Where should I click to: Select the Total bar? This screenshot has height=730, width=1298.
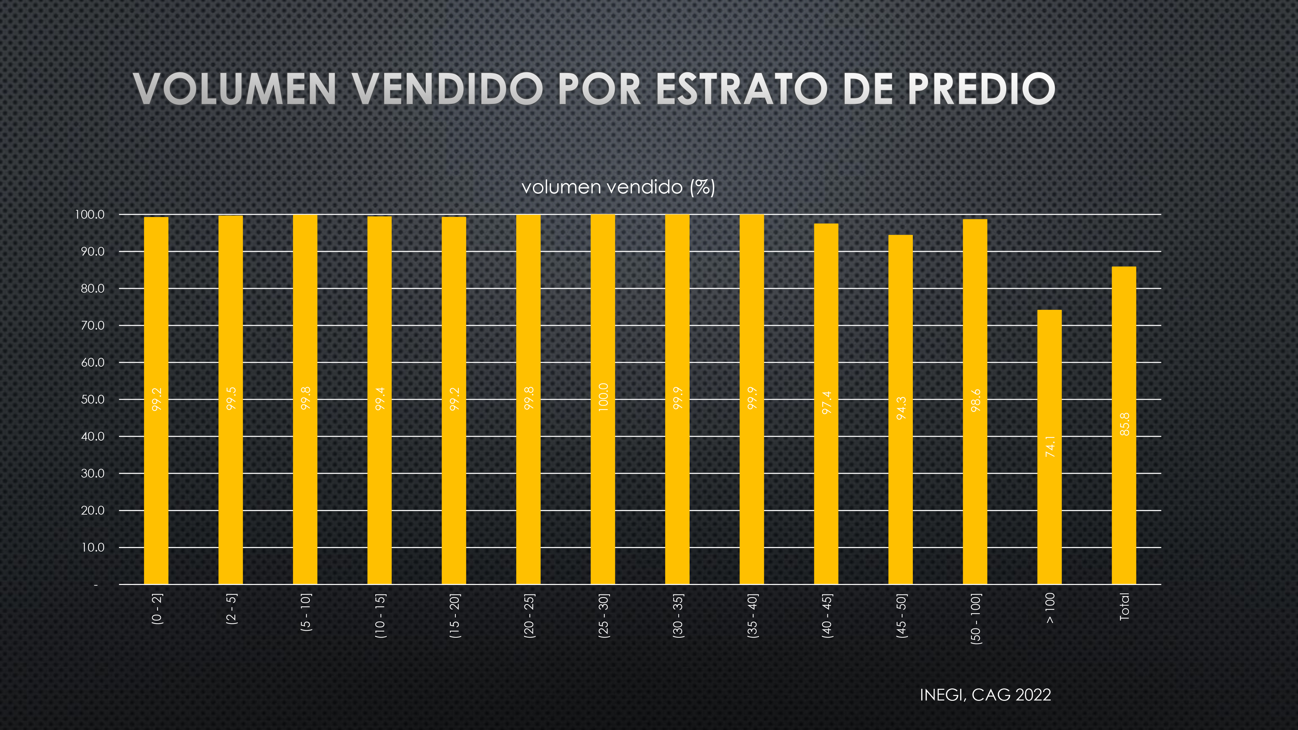(1124, 425)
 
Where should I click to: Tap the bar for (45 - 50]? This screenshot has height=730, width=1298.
(900, 409)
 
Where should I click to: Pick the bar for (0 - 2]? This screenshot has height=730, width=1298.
(156, 400)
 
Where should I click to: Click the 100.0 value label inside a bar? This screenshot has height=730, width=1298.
(603, 397)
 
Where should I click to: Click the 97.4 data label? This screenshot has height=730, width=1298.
(827, 403)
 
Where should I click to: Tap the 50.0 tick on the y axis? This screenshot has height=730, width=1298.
(93, 399)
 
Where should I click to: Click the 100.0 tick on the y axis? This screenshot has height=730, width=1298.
(90, 214)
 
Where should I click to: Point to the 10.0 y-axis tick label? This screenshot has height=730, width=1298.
(93, 548)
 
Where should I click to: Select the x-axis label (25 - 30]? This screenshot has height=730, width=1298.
(603, 616)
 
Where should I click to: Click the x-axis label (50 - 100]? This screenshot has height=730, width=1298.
(975, 619)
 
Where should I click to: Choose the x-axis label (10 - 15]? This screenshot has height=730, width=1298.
(380, 616)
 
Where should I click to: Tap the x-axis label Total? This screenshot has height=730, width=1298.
(1124, 607)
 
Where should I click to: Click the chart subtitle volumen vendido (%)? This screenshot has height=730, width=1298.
(618, 188)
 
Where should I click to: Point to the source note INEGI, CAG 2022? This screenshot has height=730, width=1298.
(985, 695)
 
